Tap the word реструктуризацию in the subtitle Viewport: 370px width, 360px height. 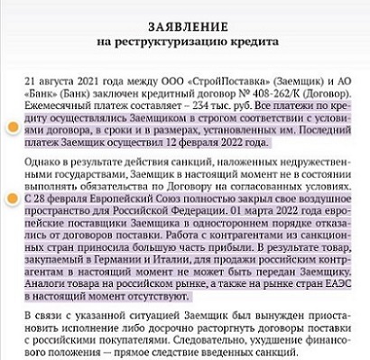[186, 40]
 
